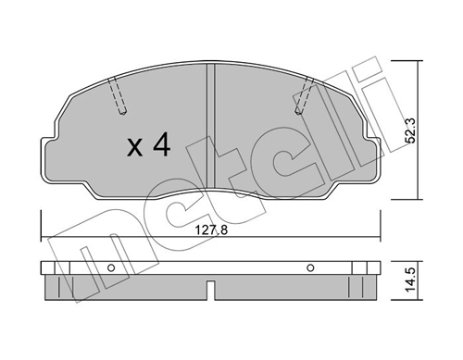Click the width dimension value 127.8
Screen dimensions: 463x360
[211, 230]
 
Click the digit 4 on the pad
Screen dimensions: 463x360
[162, 144]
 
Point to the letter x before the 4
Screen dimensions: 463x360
[135, 148]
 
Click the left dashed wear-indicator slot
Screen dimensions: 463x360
[118, 95]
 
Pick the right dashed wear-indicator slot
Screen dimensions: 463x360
[304, 95]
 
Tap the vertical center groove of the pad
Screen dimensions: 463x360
[210, 126]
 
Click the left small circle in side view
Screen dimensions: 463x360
[111, 267]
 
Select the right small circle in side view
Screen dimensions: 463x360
[310, 267]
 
